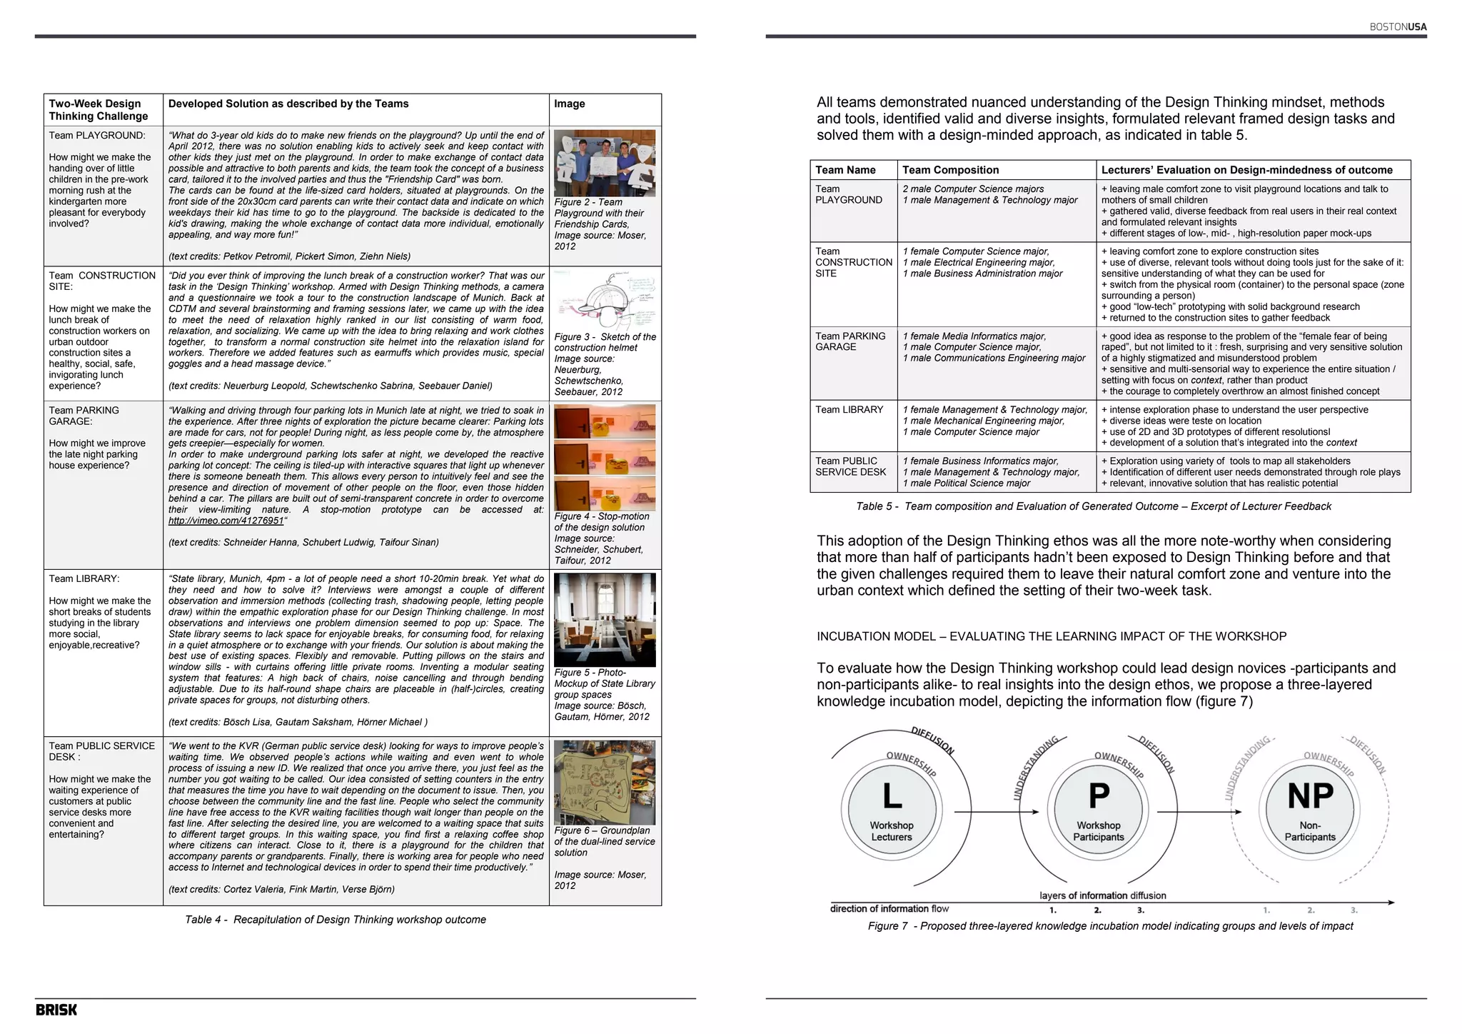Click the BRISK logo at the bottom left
pyautogui.click(x=56, y=1010)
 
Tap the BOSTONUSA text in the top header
pyautogui.click(x=1398, y=27)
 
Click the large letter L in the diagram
pyautogui.click(x=892, y=795)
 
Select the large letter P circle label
pyautogui.click(x=1099, y=795)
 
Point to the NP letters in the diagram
pyautogui.click(x=1310, y=795)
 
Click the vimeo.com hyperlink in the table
pyautogui.click(x=226, y=521)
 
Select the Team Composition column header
pyautogui.click(x=950, y=170)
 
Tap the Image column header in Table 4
pyautogui.click(x=569, y=104)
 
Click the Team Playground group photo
pyautogui.click(x=605, y=163)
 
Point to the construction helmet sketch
pyautogui.click(x=605, y=300)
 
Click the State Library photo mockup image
pyautogui.click(x=605, y=619)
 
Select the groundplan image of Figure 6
pyautogui.click(x=605, y=783)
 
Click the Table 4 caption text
pyautogui.click(x=336, y=920)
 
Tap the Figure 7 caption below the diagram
pyautogui.click(x=1110, y=926)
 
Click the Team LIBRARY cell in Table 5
pyautogui.click(x=850, y=410)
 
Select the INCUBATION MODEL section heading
pyautogui.click(x=1052, y=636)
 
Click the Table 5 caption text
pyautogui.click(x=1094, y=506)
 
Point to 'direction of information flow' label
pyautogui.click(x=889, y=909)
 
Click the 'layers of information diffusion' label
pyautogui.click(x=1102, y=895)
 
